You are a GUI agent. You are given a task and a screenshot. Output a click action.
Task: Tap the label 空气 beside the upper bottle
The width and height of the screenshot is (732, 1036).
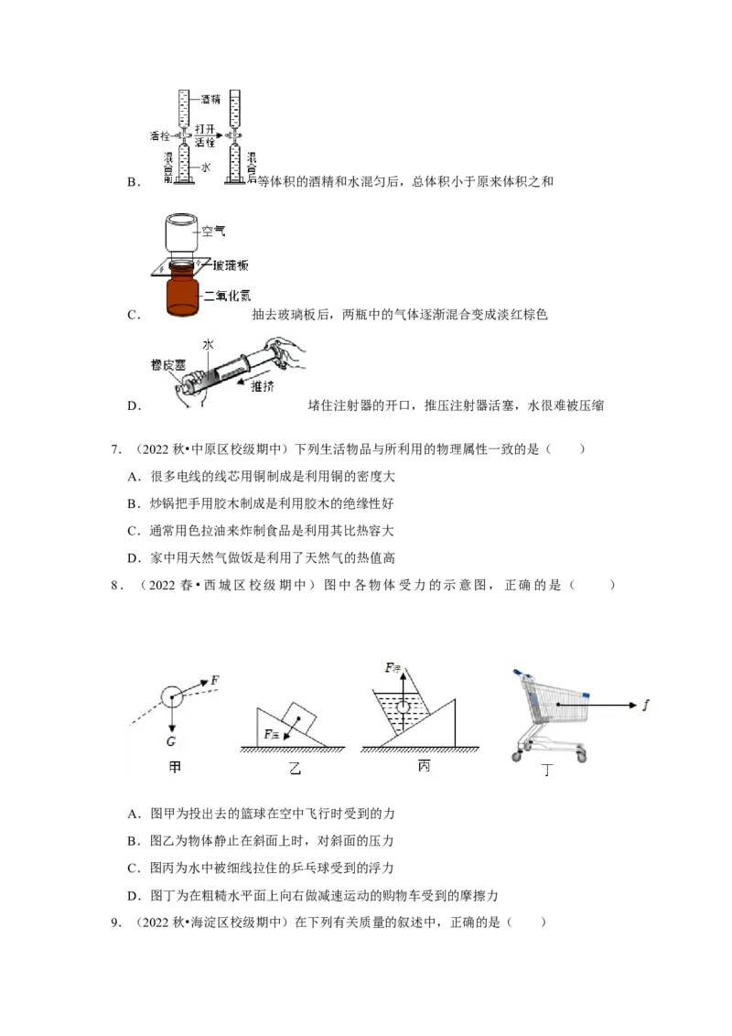[213, 232]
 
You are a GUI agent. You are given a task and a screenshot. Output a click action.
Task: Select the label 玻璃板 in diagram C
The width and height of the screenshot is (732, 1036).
[231, 265]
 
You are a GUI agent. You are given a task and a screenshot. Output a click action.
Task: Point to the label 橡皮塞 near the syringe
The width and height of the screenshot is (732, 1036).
[167, 365]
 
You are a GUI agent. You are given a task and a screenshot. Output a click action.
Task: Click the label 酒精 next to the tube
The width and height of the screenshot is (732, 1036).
[210, 99]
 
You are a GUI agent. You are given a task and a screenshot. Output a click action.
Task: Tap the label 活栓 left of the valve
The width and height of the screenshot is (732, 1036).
[160, 136]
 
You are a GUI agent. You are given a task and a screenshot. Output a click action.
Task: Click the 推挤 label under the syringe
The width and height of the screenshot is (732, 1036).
[263, 386]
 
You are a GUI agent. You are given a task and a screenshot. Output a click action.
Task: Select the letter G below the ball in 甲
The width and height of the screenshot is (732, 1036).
[171, 741]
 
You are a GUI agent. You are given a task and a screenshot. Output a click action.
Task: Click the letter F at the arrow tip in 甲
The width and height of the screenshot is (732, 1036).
[215, 680]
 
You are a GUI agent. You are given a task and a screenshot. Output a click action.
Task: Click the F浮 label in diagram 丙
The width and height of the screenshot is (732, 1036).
[393, 668]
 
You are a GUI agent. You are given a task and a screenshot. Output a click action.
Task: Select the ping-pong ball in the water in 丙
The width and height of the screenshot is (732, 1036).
[403, 707]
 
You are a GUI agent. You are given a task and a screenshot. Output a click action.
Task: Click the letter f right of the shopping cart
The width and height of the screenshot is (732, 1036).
[645, 705]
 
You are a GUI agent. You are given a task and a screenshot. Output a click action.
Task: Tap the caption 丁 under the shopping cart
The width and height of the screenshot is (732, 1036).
[546, 770]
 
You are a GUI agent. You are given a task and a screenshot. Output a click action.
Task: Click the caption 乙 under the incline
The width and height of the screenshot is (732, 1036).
[295, 768]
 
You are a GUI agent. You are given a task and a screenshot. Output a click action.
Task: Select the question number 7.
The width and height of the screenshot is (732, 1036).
[115, 449]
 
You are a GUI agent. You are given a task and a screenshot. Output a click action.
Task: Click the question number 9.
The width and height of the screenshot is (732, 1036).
[115, 923]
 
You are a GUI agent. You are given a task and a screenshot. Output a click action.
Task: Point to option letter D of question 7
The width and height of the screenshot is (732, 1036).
[134, 558]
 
